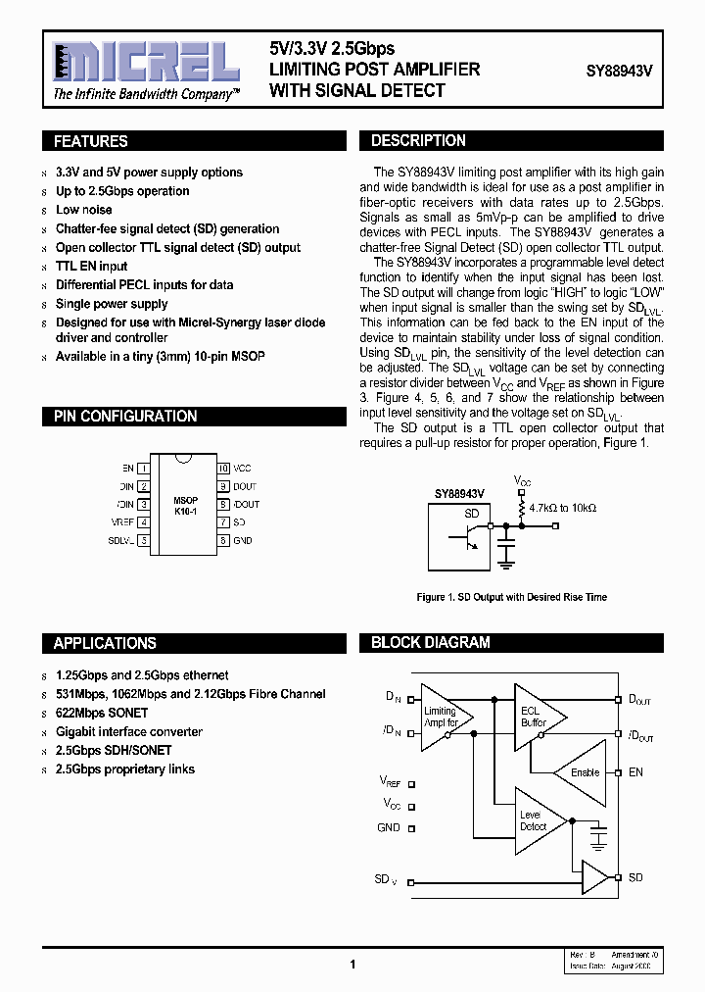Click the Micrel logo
pos(146,63)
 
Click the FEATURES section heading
pos(91,141)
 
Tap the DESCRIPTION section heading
pos(418,141)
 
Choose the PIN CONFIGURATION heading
pos(125,417)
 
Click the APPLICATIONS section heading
pos(105,643)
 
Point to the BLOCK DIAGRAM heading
pos(430,643)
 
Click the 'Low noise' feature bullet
pos(84,210)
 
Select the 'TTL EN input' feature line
pos(92,266)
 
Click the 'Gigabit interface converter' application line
pos(129,731)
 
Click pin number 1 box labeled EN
pos(143,469)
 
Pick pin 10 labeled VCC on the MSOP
pos(223,469)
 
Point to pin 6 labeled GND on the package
pos(223,540)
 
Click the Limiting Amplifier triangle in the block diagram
pos(442,717)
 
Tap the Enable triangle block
pos(582,772)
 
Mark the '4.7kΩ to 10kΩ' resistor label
pos(562,508)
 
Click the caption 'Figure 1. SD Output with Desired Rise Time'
pos(511,597)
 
